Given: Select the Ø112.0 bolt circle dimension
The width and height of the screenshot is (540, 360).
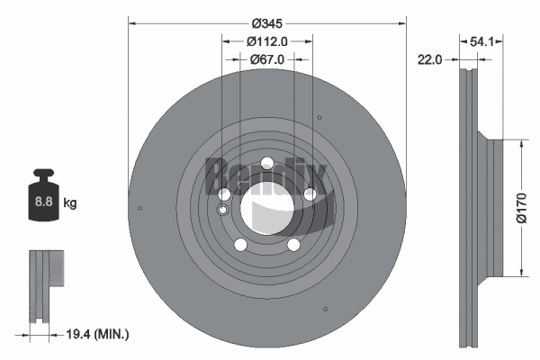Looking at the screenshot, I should (x=267, y=40).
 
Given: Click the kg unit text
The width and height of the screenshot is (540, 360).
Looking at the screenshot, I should (x=70, y=203).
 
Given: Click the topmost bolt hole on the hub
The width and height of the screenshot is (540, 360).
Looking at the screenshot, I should (x=267, y=163).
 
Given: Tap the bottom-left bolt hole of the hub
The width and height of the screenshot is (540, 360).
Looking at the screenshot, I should (x=240, y=244).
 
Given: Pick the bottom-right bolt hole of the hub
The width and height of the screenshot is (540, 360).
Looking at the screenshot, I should (x=293, y=244).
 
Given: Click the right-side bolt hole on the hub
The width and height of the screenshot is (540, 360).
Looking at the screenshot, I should (x=310, y=193).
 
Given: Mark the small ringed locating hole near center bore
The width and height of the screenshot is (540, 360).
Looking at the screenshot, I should (x=222, y=210).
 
